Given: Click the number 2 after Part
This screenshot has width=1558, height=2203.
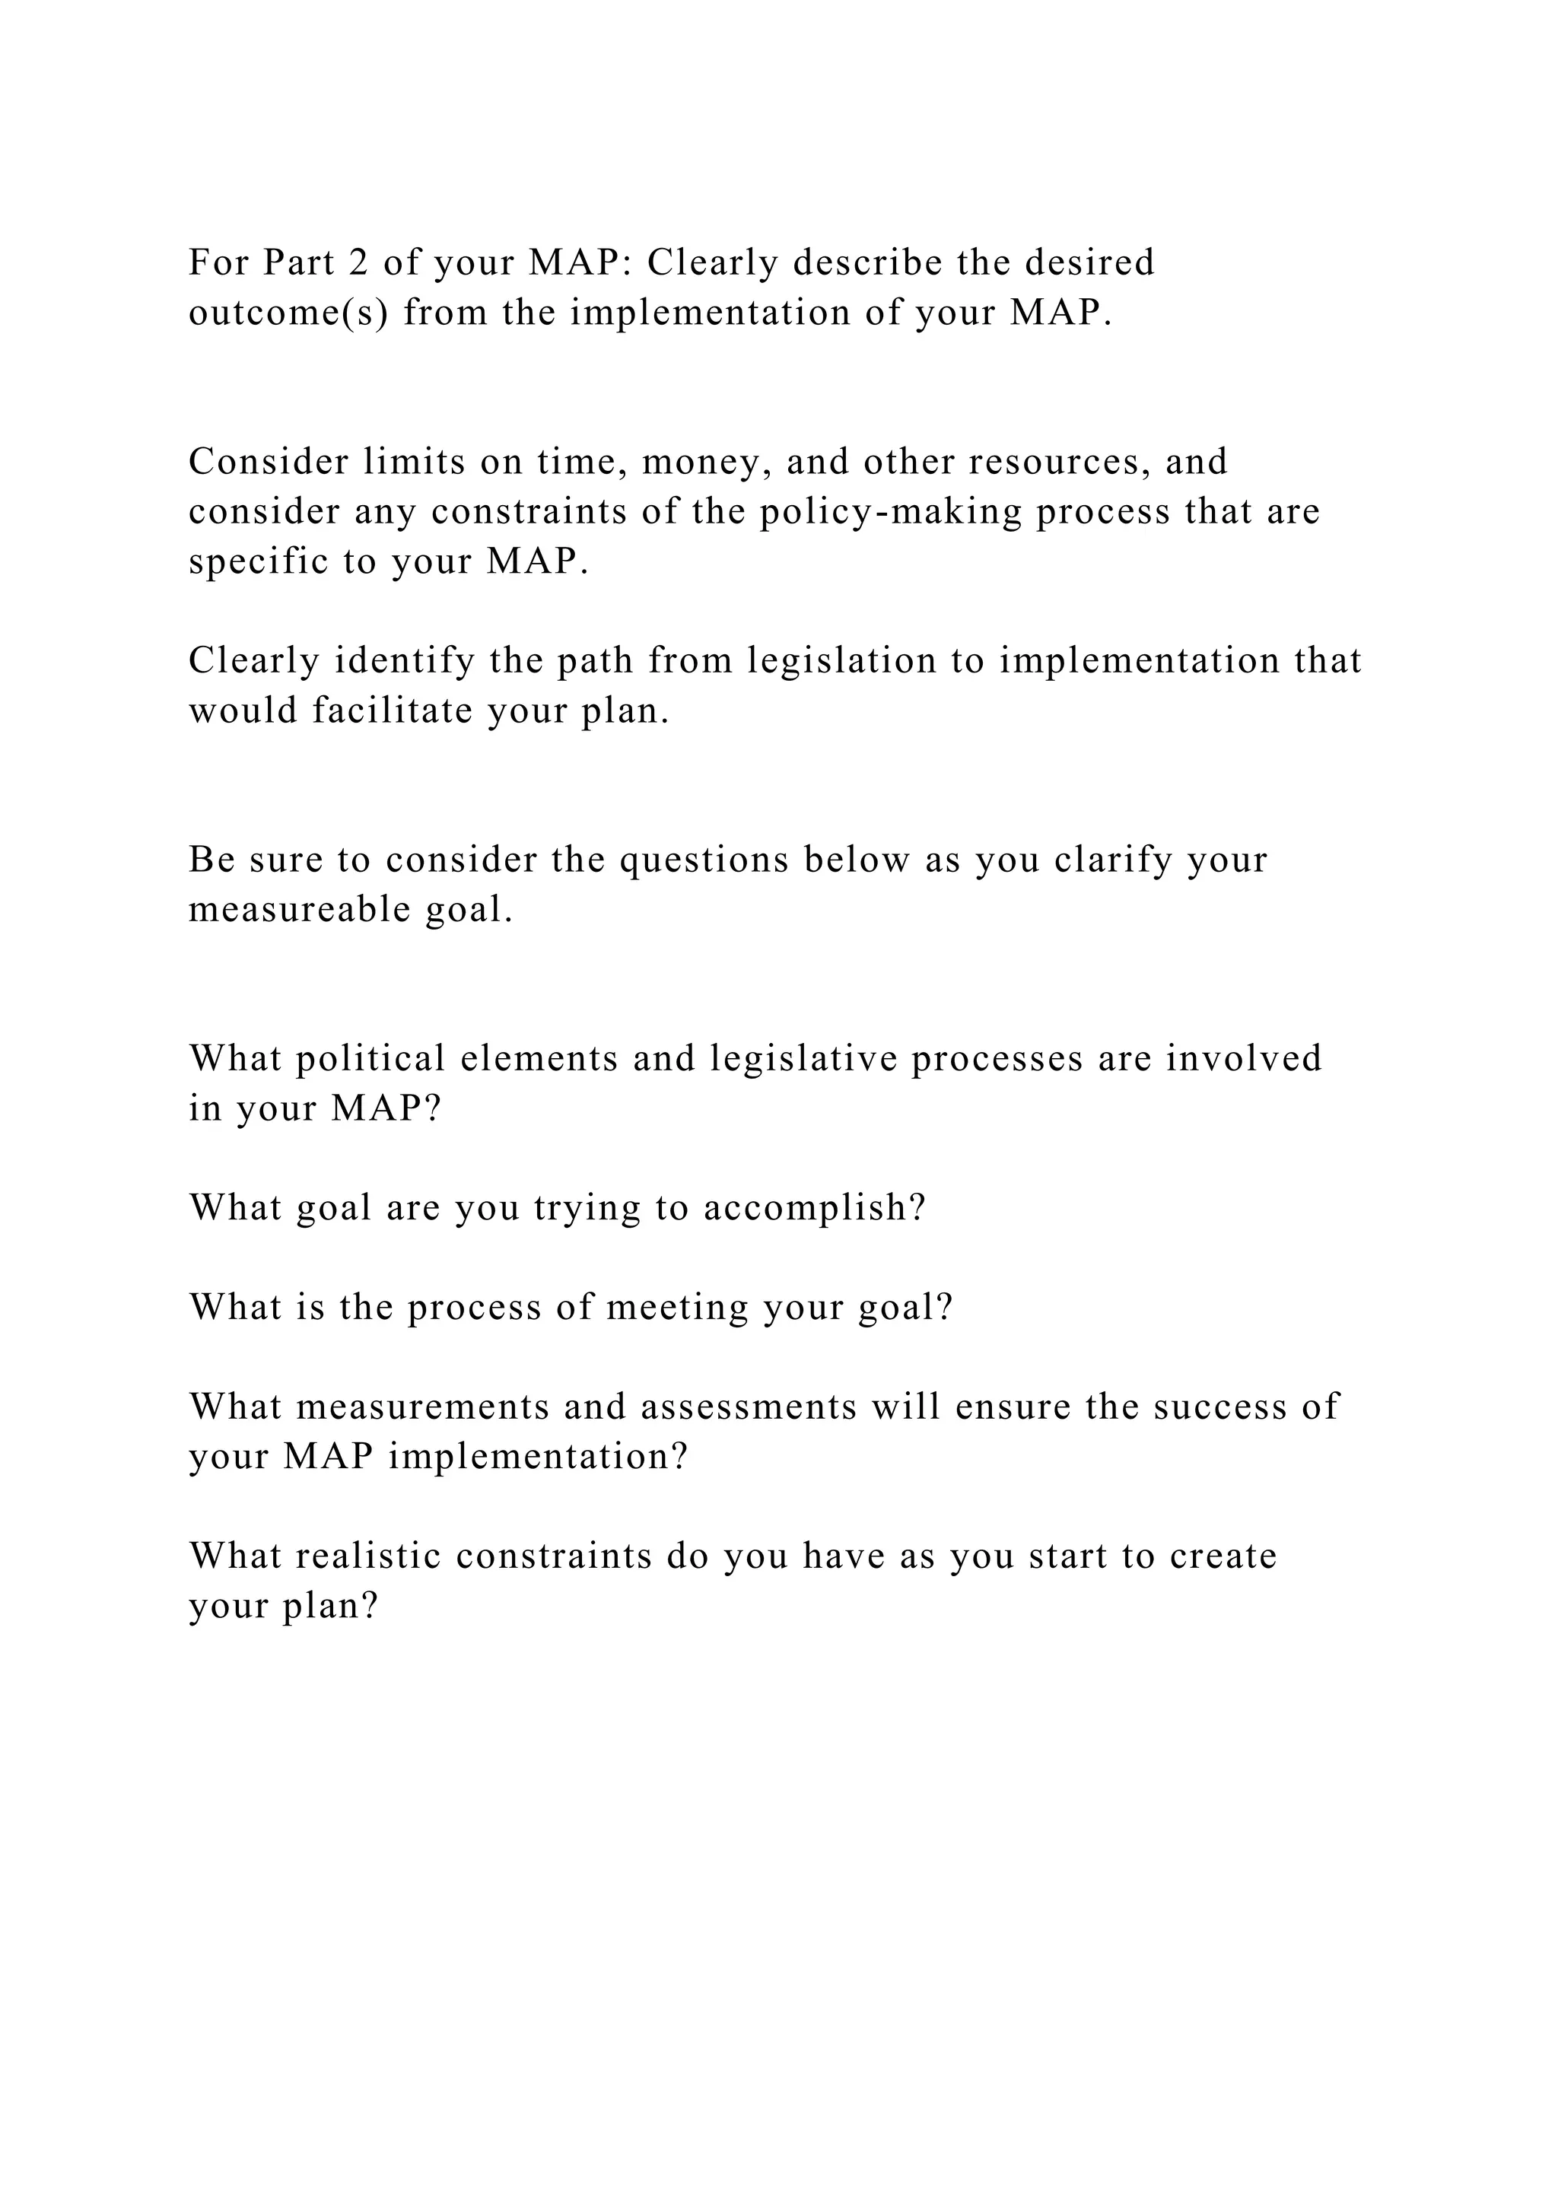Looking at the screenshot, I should [352, 263].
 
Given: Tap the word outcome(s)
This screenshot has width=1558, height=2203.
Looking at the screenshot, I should [289, 313].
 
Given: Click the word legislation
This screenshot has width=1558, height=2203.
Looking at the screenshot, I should [841, 661].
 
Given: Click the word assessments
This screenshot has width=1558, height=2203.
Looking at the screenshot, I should [749, 1407].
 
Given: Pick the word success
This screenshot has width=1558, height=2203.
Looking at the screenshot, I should [1219, 1407].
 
